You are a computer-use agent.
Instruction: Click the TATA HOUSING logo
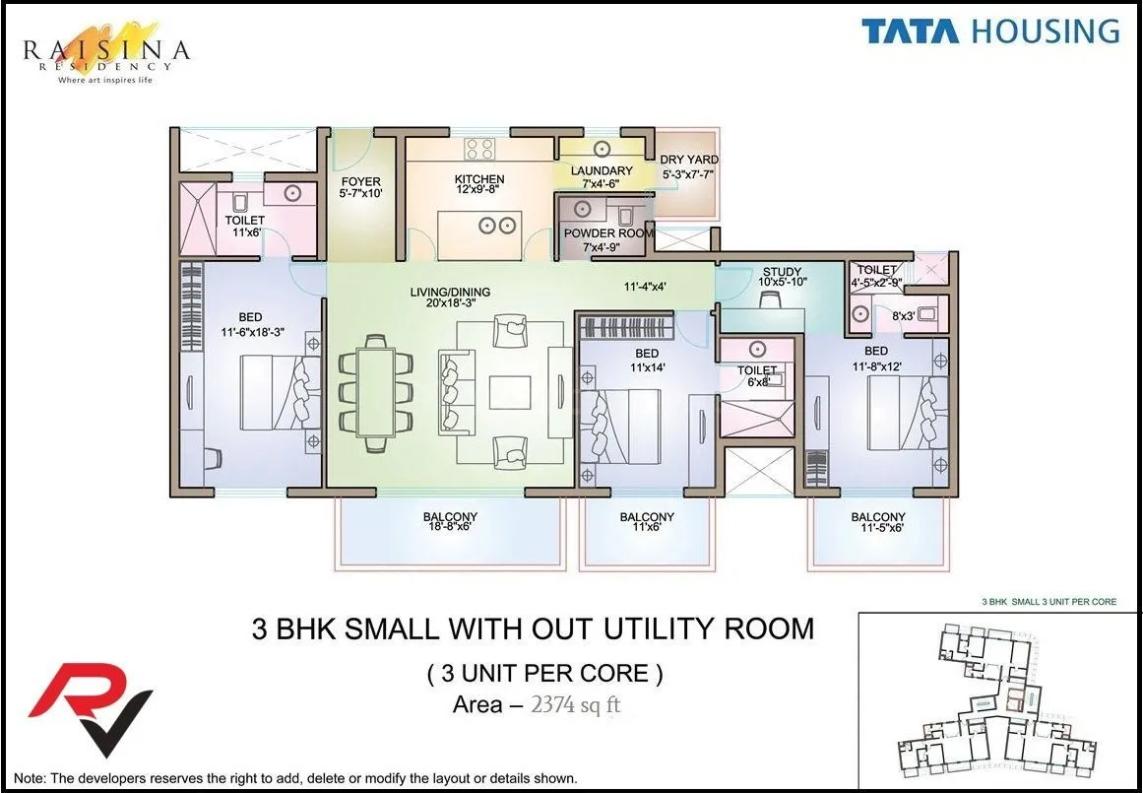tap(990, 31)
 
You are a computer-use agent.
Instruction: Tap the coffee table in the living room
tap(510, 386)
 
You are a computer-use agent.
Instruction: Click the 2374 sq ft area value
tap(575, 704)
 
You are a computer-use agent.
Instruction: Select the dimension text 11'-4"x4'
tap(646, 288)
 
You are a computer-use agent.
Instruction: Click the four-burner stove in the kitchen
tap(479, 149)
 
